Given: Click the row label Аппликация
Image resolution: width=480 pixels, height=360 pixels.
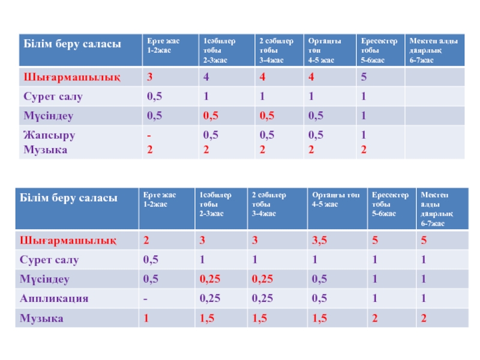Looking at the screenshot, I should tap(55, 299).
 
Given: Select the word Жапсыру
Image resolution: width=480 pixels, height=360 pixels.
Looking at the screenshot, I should tap(49, 135).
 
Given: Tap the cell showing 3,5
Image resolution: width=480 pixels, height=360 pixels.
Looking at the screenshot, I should tap(320, 241).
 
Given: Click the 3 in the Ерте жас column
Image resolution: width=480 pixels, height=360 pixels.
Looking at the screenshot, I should tap(150, 77).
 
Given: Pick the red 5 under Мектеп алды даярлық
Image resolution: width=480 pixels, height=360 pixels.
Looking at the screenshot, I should tap(424, 241).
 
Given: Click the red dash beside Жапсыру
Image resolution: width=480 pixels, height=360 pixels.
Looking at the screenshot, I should tap(149, 135).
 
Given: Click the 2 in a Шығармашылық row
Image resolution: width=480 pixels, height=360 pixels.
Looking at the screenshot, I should tap(146, 241).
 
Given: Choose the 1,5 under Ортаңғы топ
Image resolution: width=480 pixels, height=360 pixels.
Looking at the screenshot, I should tap(319, 318).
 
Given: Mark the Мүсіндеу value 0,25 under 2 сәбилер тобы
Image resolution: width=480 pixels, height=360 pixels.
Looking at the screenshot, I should tap(262, 279).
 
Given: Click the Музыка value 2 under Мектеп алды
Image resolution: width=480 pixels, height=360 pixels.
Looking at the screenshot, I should tap(424, 318).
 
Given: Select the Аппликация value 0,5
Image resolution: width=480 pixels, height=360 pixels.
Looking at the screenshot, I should tap(319, 299).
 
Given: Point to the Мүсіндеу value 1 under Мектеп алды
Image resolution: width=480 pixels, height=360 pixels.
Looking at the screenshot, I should tap(423, 279).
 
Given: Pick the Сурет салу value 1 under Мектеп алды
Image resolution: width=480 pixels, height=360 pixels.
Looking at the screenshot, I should tap(423, 260).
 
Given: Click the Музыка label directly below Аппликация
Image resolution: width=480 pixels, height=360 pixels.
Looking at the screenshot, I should tap(42, 318).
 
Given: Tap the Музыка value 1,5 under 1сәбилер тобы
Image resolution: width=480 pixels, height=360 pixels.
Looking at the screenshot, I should tap(207, 318).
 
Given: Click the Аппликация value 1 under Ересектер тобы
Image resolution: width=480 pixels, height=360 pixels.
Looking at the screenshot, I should tap(374, 299).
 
